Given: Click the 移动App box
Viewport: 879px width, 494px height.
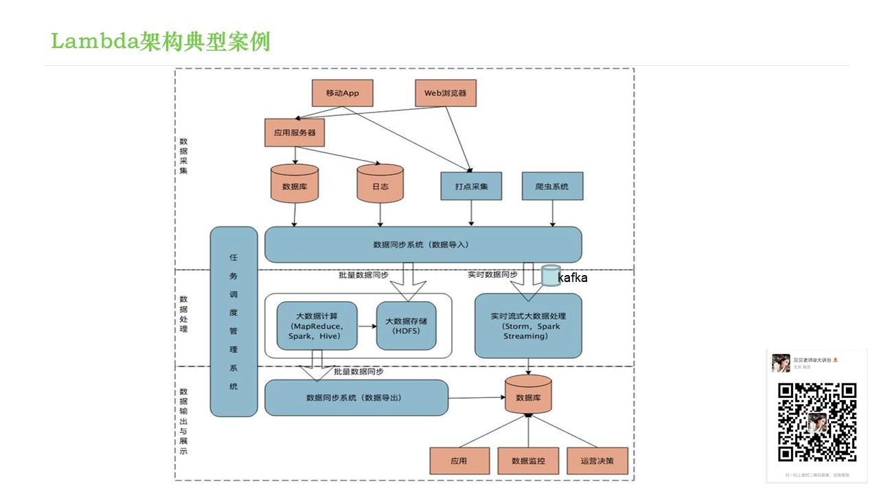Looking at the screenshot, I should pyautogui.click(x=342, y=93).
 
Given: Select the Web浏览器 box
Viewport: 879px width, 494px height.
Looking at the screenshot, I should pyautogui.click(x=445, y=93).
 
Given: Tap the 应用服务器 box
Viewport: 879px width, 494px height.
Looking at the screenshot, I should pyautogui.click(x=295, y=132).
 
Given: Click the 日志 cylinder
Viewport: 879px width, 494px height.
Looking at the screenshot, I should pyautogui.click(x=380, y=186).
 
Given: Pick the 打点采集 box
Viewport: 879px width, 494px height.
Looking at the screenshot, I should pyautogui.click(x=471, y=186).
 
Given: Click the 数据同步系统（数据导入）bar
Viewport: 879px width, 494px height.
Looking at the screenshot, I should pyautogui.click(x=422, y=244).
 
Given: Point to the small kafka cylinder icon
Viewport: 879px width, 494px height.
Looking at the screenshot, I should pyautogui.click(x=550, y=275).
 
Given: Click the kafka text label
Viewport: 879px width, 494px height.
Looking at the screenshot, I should pyautogui.click(x=573, y=278).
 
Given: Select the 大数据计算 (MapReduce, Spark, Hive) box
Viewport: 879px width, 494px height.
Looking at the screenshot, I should pyautogui.click(x=317, y=326).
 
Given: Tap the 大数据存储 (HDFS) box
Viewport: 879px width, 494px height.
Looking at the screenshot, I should pyautogui.click(x=406, y=326).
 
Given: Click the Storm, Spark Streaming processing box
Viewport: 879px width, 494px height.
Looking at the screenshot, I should pyautogui.click(x=527, y=326).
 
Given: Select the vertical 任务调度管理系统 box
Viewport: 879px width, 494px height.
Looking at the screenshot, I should pyautogui.click(x=233, y=322).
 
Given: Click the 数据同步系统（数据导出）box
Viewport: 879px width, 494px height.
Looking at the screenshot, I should pyautogui.click(x=356, y=397).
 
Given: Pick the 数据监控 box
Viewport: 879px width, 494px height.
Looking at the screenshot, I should pyautogui.click(x=528, y=460).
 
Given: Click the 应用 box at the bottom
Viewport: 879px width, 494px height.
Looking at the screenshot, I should pyautogui.click(x=459, y=460).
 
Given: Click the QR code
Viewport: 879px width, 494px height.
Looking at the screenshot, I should pyautogui.click(x=817, y=422).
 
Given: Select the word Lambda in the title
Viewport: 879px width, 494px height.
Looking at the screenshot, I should pyautogui.click(x=94, y=42).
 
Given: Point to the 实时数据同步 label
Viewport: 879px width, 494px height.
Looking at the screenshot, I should pyautogui.click(x=492, y=274).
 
